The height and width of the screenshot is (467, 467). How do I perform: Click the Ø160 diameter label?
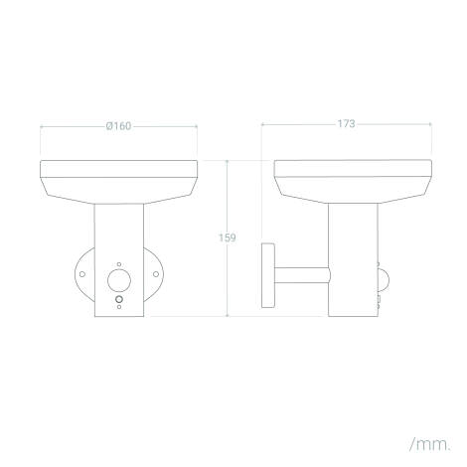coord(118,126)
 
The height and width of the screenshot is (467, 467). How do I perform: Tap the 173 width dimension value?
coord(346,124)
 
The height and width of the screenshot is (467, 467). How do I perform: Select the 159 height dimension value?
coord(228,237)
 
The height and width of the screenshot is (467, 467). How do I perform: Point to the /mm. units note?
coord(430,444)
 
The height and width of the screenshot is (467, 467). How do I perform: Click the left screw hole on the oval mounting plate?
coord(82,274)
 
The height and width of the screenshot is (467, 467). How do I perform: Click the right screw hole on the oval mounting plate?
coord(156,274)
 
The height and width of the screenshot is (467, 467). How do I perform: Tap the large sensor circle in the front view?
coord(119,280)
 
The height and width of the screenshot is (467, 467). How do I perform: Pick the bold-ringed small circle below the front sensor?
coord(119,299)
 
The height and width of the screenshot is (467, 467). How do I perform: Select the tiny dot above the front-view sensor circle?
coord(119,264)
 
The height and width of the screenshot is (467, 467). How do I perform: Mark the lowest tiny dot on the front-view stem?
coord(119,307)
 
